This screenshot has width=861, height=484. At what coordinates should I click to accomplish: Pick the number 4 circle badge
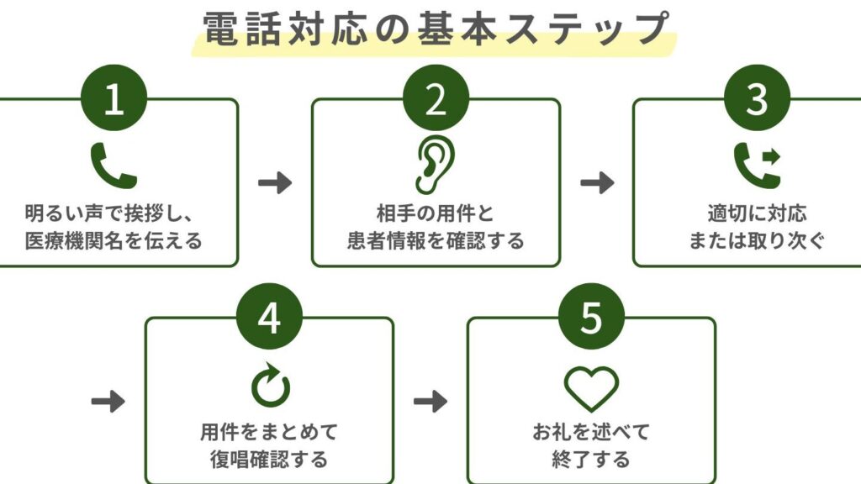(269, 318)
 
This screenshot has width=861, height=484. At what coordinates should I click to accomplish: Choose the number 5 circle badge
(591, 318)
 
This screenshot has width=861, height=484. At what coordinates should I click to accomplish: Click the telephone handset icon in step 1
(114, 166)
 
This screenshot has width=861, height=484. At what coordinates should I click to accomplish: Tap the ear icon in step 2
(435, 166)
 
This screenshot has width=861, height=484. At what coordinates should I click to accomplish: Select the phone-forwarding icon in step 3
(757, 164)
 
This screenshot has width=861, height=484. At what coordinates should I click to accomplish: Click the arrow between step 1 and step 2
(275, 183)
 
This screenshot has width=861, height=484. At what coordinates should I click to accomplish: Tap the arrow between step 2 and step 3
(597, 183)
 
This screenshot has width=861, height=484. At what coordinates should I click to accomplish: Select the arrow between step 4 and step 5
(430, 402)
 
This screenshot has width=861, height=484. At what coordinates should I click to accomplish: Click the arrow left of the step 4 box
(108, 402)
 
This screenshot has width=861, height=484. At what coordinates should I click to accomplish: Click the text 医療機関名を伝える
(114, 241)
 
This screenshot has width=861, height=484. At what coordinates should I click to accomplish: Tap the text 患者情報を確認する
(436, 241)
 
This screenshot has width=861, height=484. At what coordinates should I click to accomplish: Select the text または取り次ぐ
(757, 241)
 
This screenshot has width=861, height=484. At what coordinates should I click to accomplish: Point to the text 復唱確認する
(269, 460)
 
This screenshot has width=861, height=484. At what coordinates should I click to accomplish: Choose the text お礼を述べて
(591, 433)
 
